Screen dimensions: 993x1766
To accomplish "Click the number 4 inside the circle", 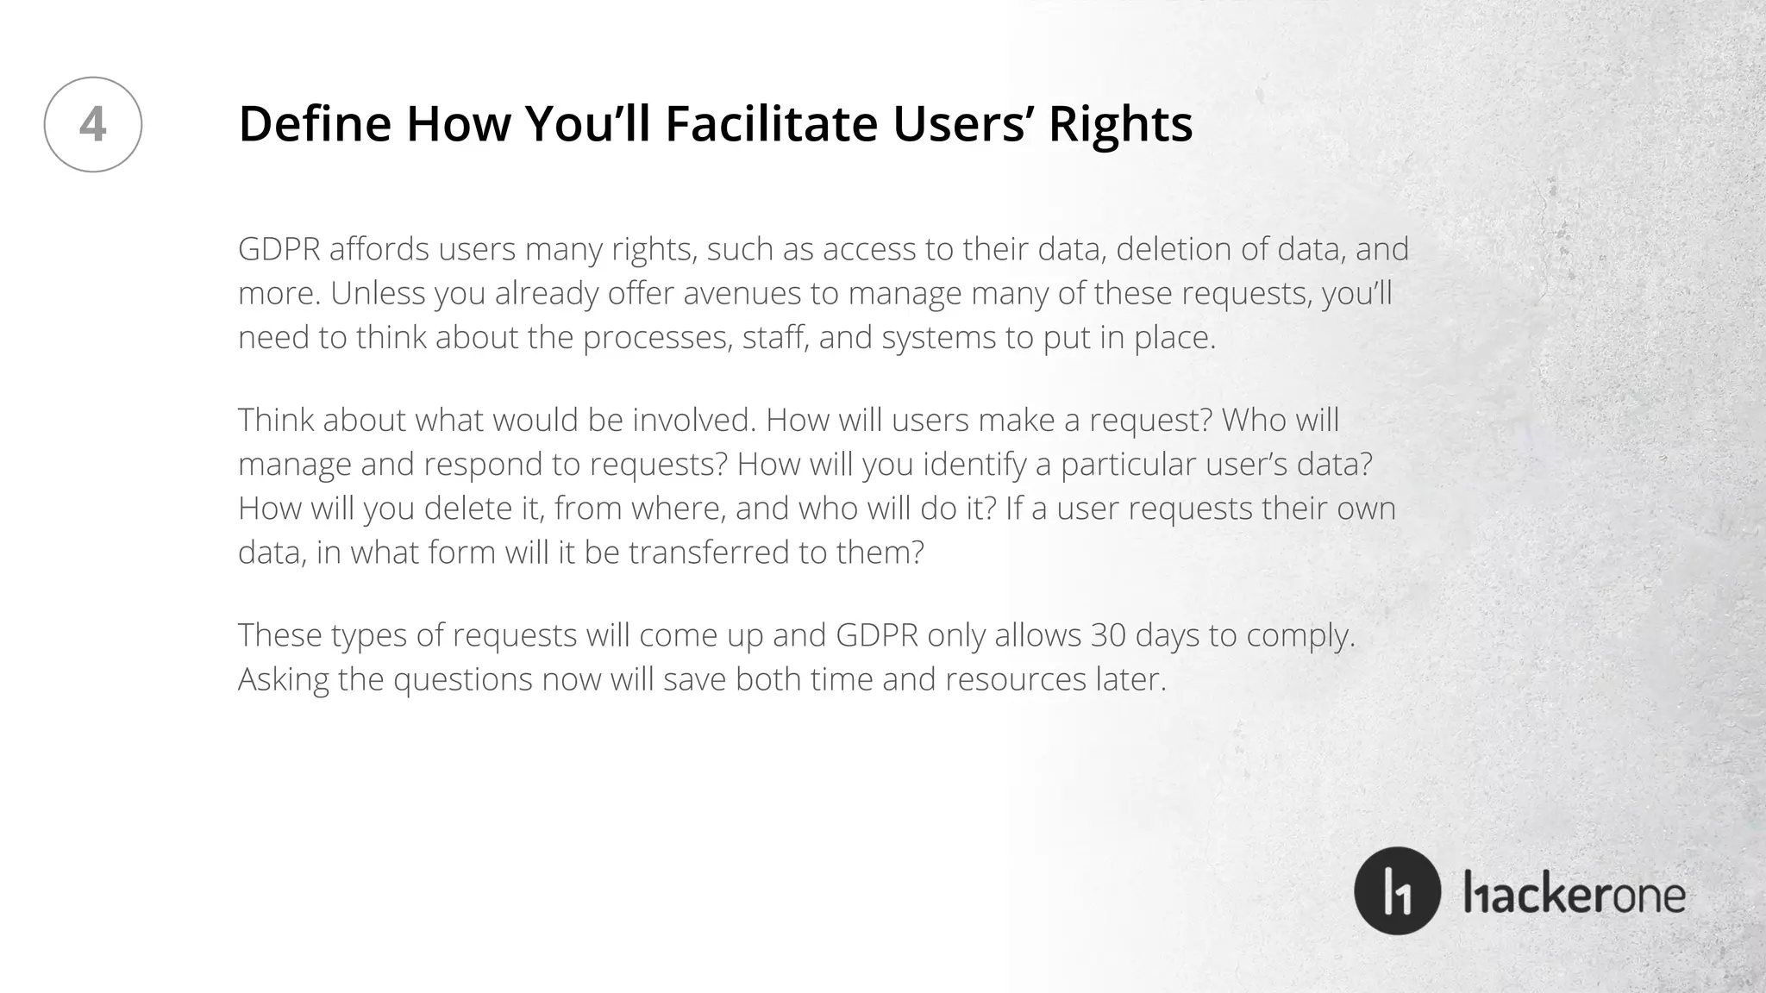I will pyautogui.click(x=92, y=124).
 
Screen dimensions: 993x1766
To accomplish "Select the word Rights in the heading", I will pyautogui.click(x=1120, y=123).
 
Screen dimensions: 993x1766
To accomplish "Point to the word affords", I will pyautogui.click(x=379, y=249).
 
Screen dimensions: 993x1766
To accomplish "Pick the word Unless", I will pyautogui.click(x=378, y=293).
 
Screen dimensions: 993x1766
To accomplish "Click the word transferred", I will pyautogui.click(x=709, y=552).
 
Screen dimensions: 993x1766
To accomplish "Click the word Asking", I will pyautogui.click(x=283, y=680).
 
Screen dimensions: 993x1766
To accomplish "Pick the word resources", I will pyautogui.click(x=1015, y=680).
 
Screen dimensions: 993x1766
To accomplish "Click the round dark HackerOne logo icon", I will pyautogui.click(x=1397, y=890).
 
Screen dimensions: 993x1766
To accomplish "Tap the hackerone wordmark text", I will pyautogui.click(x=1574, y=893).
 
